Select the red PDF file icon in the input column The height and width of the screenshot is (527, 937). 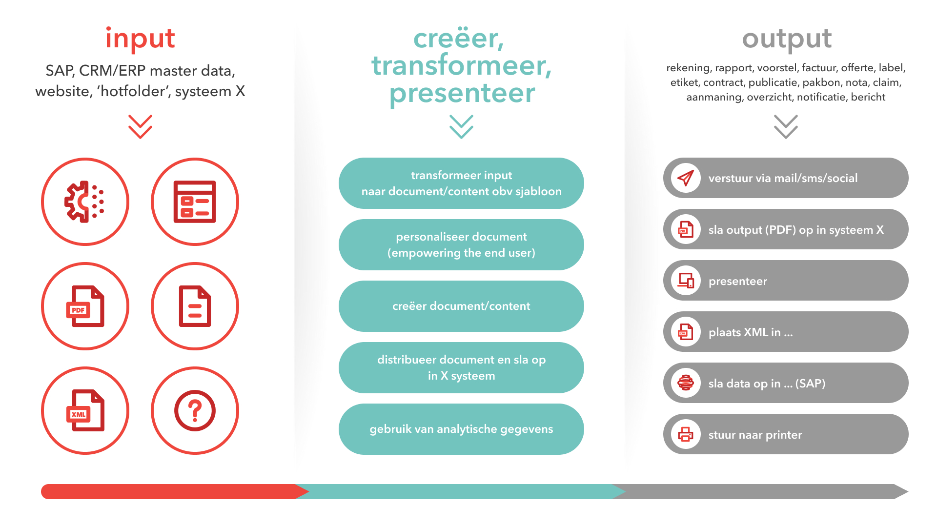tap(85, 306)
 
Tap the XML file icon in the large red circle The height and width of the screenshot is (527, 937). tap(85, 410)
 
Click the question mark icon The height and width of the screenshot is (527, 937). tap(195, 410)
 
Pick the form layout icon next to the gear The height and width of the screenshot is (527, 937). tap(195, 202)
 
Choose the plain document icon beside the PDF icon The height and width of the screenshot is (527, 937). tap(195, 306)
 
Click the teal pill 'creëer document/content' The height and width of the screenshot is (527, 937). tap(461, 306)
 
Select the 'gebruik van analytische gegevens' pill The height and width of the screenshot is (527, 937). tap(461, 429)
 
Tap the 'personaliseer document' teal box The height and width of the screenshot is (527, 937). tap(461, 244)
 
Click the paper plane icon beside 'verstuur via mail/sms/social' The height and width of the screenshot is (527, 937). tap(686, 178)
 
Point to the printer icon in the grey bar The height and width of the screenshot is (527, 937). tap(686, 434)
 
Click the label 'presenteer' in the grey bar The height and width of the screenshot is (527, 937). tap(738, 281)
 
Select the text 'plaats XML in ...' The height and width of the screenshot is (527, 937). tap(751, 332)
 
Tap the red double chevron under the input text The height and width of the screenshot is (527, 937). tap(140, 127)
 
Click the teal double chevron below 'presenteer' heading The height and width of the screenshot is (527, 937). tap(461, 127)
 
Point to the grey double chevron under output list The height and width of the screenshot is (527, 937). tap(786, 127)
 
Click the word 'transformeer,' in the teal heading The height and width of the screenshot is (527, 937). tap(461, 65)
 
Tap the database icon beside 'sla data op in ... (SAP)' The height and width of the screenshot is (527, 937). tap(686, 383)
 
